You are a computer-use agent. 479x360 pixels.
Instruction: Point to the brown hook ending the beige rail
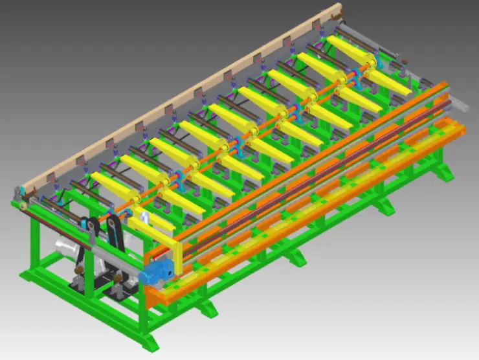(334, 9)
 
